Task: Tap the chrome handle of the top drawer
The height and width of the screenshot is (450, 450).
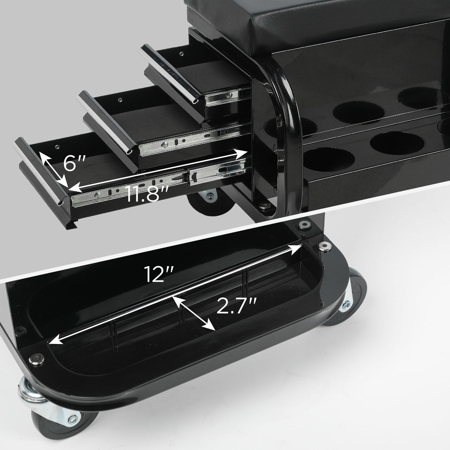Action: [x=171, y=74]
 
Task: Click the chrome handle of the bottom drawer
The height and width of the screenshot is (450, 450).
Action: [x=41, y=171]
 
